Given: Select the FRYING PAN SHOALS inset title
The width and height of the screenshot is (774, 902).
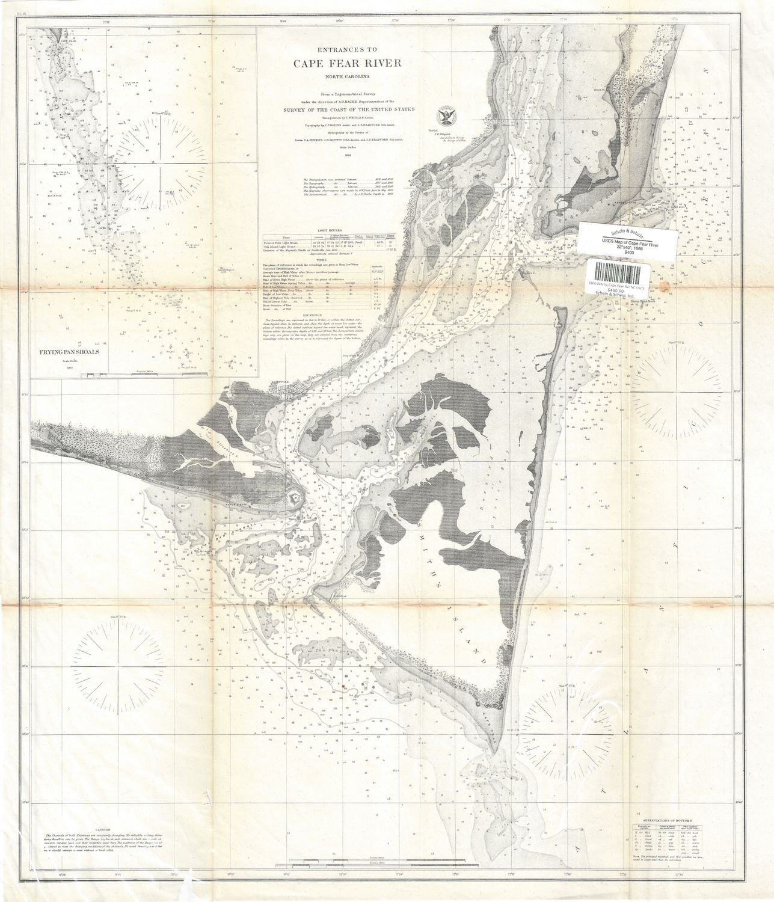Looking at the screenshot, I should [71, 353].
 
